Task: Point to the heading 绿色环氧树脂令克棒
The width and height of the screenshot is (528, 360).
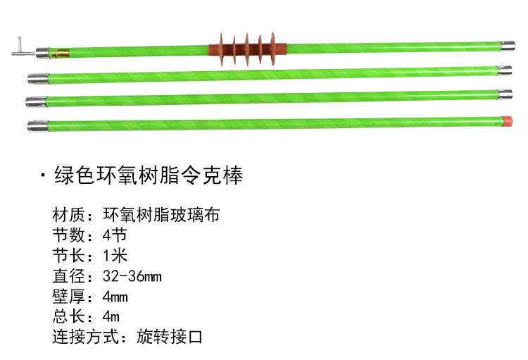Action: [x=149, y=176]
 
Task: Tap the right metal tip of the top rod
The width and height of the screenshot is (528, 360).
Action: [x=505, y=46]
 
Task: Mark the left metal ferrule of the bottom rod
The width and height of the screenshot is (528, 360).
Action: [x=38, y=126]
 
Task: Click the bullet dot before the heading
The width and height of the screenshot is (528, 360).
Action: [x=44, y=176]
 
